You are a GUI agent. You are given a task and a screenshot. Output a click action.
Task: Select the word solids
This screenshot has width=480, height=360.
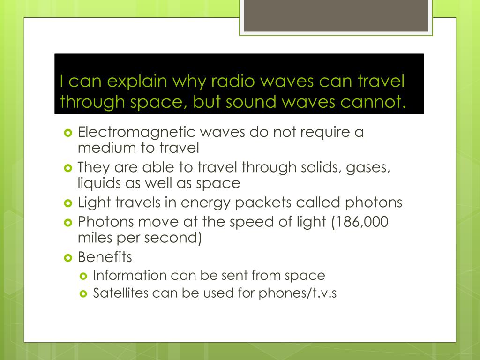[316, 167]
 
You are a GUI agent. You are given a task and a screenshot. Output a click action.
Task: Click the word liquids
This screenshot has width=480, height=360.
[97, 183]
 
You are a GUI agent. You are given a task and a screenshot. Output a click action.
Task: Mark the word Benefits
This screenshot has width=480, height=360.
[105, 257]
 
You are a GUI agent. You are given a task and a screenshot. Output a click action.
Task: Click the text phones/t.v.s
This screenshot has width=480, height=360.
[298, 294]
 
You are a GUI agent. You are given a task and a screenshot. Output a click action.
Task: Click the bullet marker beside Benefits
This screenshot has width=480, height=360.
[68, 257]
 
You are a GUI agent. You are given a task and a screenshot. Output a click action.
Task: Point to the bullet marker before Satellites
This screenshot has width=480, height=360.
[84, 294]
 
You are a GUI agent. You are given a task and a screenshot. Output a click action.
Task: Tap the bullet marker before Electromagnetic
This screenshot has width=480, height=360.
[68, 133]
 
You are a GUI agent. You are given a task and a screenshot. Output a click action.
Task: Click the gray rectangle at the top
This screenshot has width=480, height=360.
[336, 15]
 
